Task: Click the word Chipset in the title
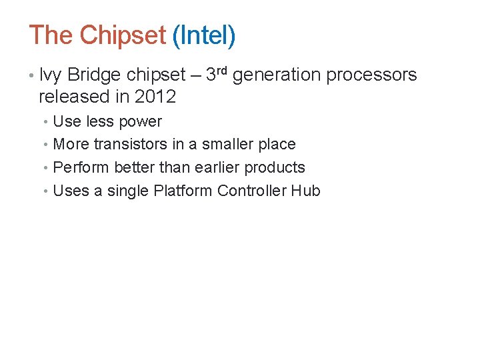click(122, 35)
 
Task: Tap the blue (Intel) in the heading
click(203, 35)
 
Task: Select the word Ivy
click(51, 75)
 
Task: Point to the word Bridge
click(95, 75)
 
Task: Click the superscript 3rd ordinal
click(217, 73)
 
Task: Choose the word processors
click(371, 75)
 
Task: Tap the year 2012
click(155, 97)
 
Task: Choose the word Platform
click(183, 191)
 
